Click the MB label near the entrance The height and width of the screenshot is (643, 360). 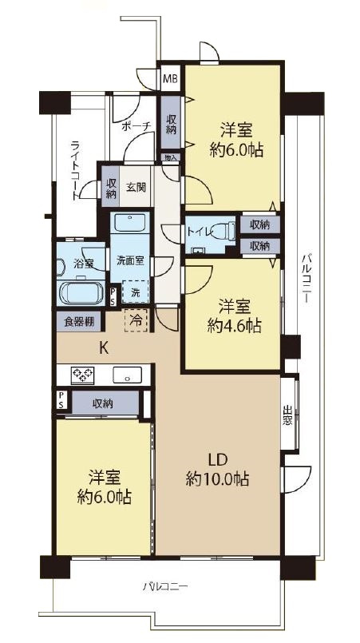[x=170, y=79]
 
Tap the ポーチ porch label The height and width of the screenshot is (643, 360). [x=136, y=126]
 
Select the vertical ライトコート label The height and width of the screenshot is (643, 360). [x=75, y=169]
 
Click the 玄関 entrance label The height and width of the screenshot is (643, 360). [x=136, y=188]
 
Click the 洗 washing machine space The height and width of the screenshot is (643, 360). [x=136, y=293]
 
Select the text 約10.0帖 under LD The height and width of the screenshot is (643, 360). [x=217, y=479]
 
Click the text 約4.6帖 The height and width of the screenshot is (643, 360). [x=234, y=325]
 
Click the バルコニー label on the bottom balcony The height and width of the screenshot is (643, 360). [x=165, y=587]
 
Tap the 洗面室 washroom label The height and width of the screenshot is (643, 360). [x=129, y=260]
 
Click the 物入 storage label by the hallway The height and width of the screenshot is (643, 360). [x=170, y=158]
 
